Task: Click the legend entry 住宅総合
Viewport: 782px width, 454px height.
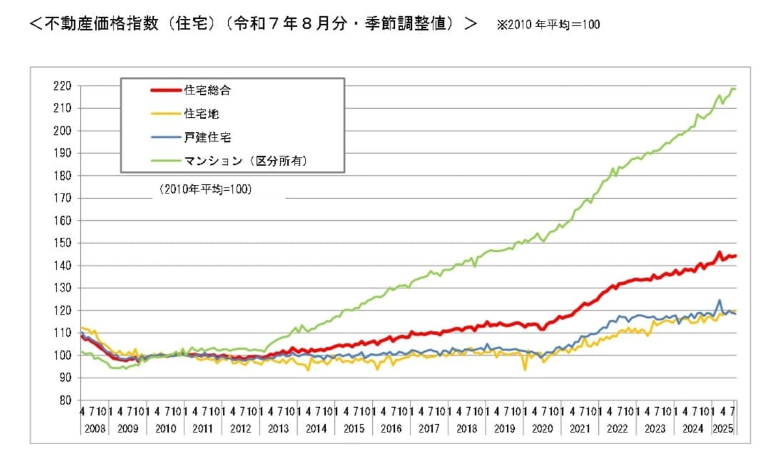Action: point(207,91)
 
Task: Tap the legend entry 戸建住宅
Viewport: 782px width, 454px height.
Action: point(207,137)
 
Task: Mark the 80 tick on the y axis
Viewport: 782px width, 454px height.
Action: point(64,401)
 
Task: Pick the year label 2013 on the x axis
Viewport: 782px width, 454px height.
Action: point(279,430)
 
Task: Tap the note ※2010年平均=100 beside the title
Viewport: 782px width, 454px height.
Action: point(548,25)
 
